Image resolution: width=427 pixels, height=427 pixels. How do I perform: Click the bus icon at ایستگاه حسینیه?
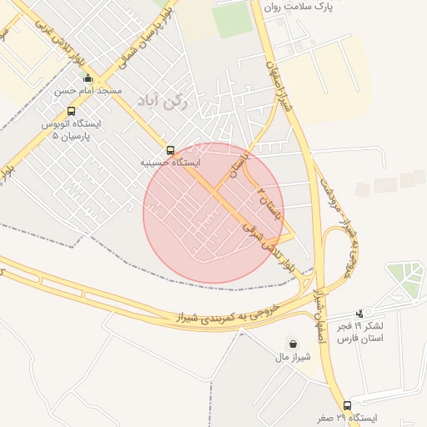coord(170,151)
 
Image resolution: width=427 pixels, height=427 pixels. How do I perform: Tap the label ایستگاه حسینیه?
coord(170,163)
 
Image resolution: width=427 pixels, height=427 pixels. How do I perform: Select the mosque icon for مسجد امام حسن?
coord(88,78)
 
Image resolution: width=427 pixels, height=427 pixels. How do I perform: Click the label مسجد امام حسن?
coord(88,90)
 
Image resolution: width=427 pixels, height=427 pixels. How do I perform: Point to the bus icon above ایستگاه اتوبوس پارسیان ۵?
coord(71,111)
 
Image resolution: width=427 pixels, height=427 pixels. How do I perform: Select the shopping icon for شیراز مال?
coord(292,344)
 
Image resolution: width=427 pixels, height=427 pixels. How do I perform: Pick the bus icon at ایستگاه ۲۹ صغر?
coord(348,405)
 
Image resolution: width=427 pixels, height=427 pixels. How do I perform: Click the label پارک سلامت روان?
coord(298,6)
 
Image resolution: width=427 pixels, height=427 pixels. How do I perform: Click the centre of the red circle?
coord(213,213)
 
